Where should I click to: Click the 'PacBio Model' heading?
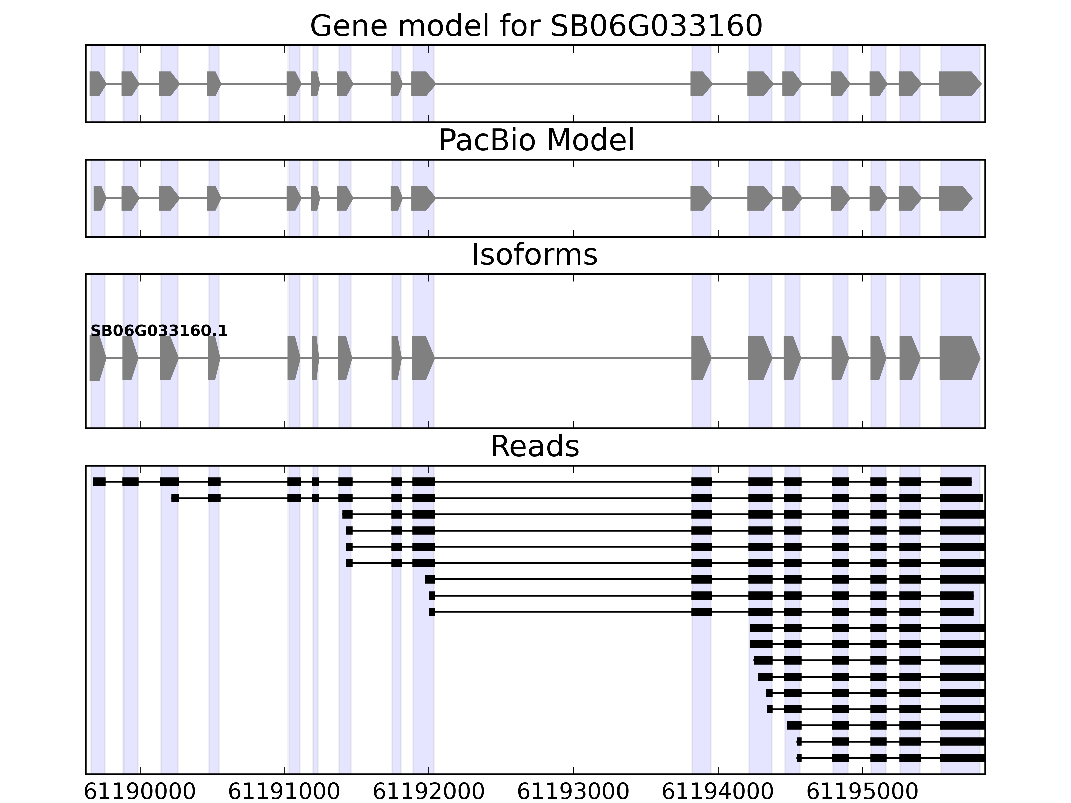(x=535, y=141)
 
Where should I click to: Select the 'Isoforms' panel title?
(x=534, y=255)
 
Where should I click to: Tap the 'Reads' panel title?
(x=534, y=446)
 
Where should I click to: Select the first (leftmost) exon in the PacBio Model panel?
(x=99, y=198)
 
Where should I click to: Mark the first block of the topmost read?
(x=99, y=481)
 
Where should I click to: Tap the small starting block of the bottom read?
(x=799, y=758)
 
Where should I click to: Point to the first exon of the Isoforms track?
(x=97, y=358)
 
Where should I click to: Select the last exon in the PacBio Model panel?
(x=954, y=198)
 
